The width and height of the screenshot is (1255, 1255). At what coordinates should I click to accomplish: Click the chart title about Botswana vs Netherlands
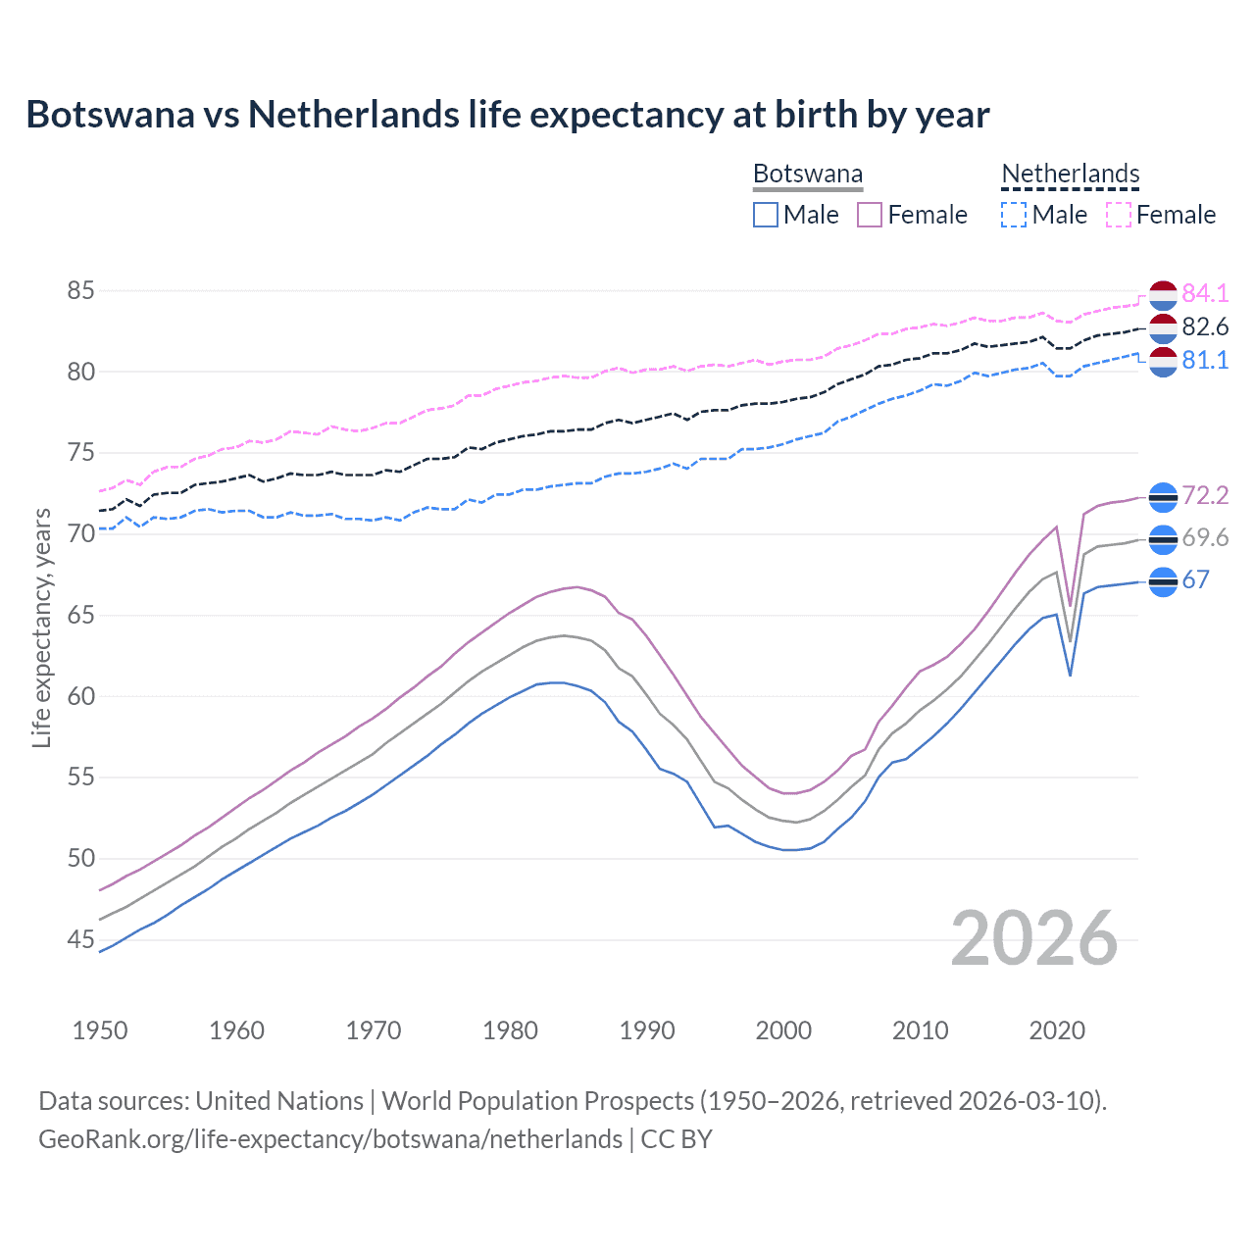pos(508,115)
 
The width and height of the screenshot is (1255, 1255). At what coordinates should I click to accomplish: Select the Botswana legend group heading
pos(808,175)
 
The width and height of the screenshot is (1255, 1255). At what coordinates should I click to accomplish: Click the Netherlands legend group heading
pos(1071,175)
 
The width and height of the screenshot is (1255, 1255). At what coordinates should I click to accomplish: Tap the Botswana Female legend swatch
pos(870,215)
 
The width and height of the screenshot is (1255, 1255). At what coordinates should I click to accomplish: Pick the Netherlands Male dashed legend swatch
pos(1014,215)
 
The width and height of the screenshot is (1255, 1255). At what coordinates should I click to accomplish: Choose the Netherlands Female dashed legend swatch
pos(1119,215)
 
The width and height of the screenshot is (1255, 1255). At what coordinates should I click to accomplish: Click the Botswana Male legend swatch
pos(766,215)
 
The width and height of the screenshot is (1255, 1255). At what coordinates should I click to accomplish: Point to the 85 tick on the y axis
pos(81,291)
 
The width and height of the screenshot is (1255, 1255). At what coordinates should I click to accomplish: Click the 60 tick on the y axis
pos(81,697)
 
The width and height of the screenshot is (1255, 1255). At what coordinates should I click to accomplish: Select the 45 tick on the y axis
pos(81,940)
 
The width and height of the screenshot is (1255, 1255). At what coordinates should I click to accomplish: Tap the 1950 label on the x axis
pos(100,1030)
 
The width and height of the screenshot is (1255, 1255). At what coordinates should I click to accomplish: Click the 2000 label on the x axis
pos(783,1030)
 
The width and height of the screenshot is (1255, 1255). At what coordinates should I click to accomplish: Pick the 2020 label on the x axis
pos(1057,1030)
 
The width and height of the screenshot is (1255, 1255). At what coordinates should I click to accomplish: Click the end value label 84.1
pos(1205,293)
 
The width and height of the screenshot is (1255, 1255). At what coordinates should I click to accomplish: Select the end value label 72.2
pos(1205,496)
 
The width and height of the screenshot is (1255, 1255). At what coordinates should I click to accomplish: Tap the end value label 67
pos(1196,580)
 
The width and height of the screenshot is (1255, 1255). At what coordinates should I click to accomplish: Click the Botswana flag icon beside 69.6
pos(1163,539)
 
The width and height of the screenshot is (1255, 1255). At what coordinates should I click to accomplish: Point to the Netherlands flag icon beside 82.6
pos(1163,328)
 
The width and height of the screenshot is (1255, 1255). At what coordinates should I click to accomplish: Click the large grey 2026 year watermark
pos(1034,938)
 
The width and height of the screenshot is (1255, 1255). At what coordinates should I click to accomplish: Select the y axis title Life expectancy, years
pos(42,627)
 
